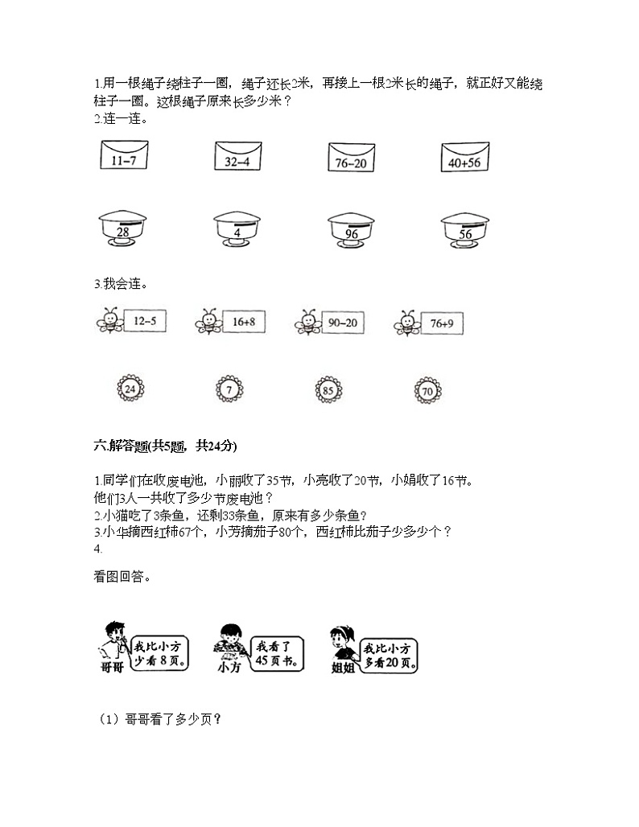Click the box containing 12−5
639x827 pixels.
146,323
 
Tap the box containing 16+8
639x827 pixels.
244,323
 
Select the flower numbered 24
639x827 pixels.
130,389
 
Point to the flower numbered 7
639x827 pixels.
229,389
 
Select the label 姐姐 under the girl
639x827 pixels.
341,667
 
